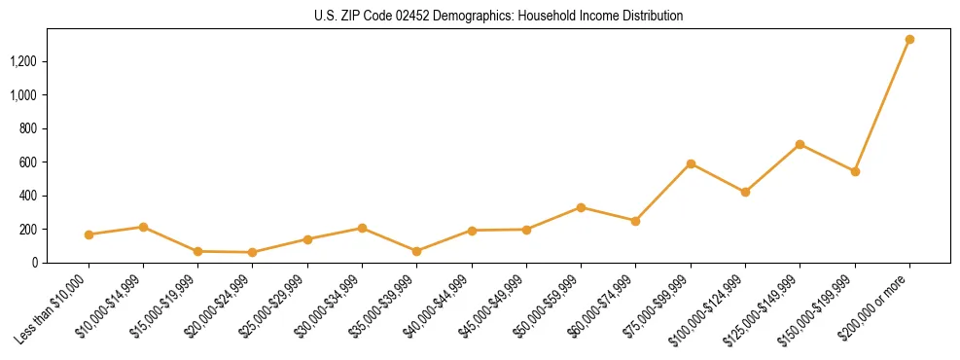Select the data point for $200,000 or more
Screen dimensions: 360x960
(909, 40)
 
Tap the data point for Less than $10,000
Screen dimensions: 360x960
(89, 234)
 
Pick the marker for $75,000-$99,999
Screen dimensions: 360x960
(691, 163)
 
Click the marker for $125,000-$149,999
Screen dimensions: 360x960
(800, 144)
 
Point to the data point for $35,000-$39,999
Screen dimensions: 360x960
(417, 251)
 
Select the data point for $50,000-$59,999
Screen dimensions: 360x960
(581, 207)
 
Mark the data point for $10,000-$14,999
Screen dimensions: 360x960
(143, 227)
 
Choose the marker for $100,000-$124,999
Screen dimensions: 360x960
(745, 192)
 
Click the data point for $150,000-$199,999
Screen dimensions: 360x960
(855, 171)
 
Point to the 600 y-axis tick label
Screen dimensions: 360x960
(40, 162)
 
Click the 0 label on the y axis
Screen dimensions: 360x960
(46, 263)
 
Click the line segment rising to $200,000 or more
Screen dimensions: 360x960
(882, 105)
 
